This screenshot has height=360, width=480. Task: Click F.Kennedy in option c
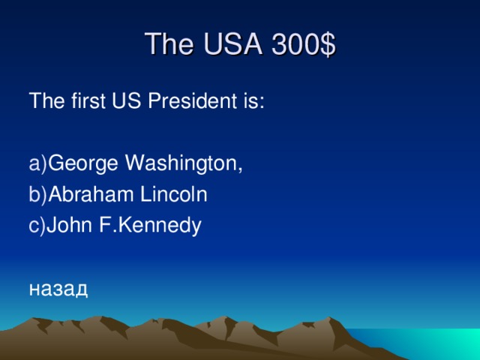(149, 225)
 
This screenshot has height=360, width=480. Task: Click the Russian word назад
(58, 289)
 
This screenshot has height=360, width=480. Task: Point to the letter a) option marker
(37, 162)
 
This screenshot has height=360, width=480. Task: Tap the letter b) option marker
(37, 194)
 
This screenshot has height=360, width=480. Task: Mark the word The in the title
(166, 45)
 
